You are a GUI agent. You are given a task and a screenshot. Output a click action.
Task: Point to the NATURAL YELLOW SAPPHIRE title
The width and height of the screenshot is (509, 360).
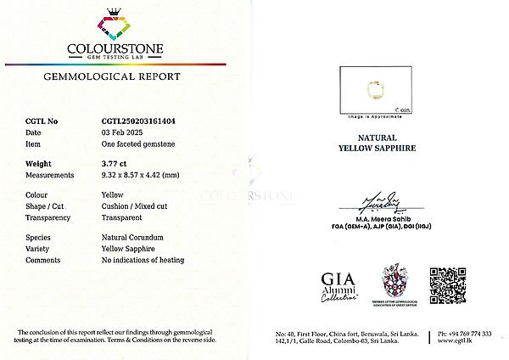372,141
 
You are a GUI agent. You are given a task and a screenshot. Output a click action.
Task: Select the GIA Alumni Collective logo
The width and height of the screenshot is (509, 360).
339,286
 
